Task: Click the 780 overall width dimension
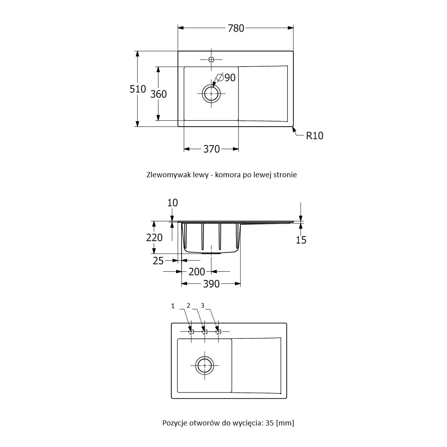point(236,28)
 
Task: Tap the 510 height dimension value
point(138,89)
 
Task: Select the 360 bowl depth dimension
point(158,94)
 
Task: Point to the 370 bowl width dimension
point(211,149)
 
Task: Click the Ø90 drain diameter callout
point(226,77)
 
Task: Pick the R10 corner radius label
point(315,136)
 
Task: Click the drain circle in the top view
point(211,93)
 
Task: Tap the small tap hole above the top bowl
point(211,60)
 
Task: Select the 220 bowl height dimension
point(154,238)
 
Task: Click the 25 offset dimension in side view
point(158,261)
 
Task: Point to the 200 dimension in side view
point(197,272)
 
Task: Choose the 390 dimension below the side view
point(211,284)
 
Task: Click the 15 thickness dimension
point(301,240)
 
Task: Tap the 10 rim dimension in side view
point(173,203)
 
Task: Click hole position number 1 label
point(173,306)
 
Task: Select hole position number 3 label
point(203,305)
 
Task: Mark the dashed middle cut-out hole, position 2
point(205,332)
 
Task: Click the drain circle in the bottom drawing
point(205,365)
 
